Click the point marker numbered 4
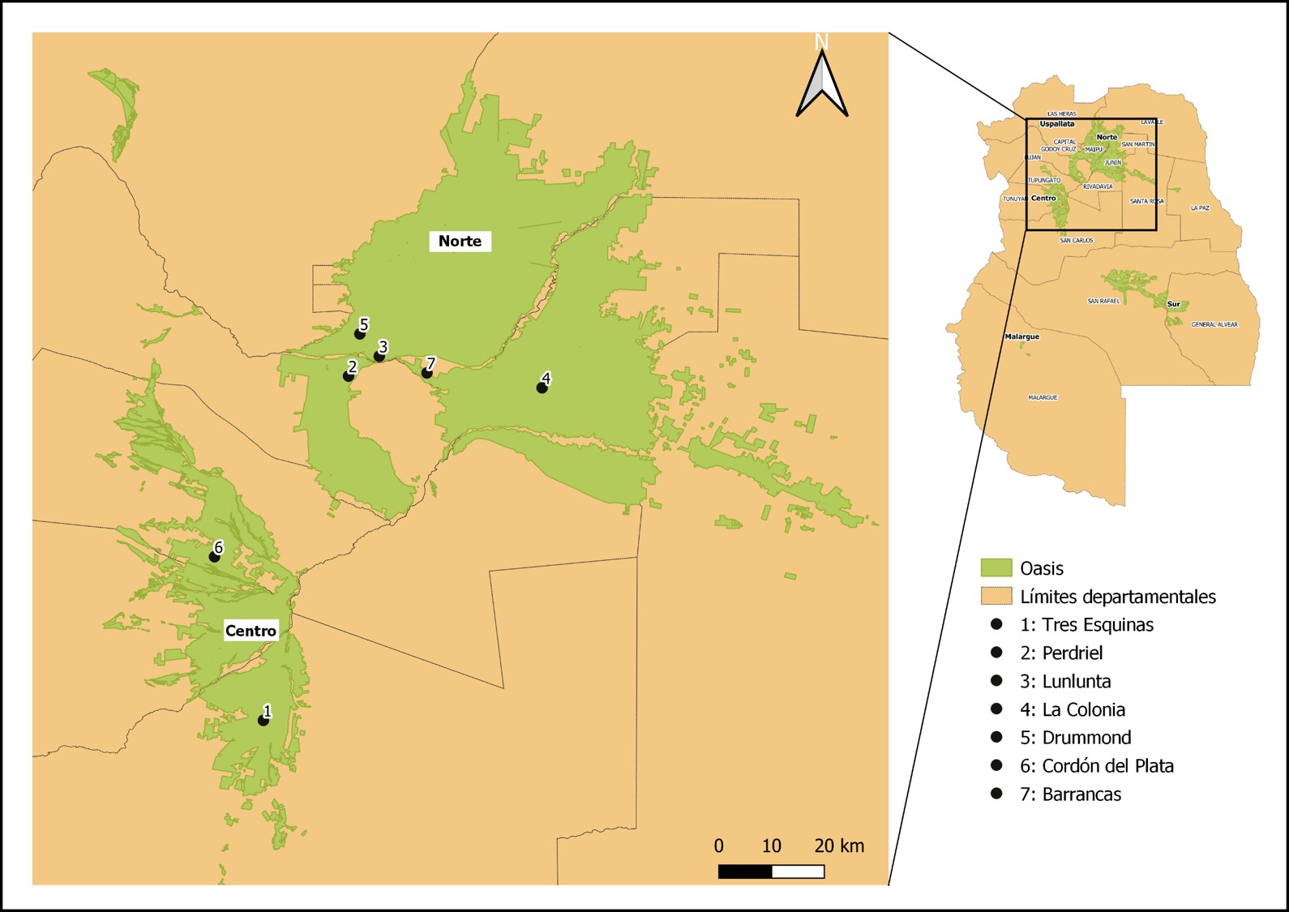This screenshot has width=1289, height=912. click(x=542, y=388)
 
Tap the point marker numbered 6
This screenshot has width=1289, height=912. click(x=214, y=557)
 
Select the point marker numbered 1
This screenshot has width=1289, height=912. click(x=263, y=720)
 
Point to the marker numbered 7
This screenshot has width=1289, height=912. click(x=426, y=373)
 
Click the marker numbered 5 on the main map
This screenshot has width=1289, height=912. click(x=359, y=333)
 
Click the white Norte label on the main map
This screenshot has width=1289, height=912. click(x=460, y=241)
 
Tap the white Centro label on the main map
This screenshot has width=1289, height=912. click(x=251, y=631)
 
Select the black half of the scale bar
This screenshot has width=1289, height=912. click(x=745, y=871)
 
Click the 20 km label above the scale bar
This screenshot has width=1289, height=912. click(x=839, y=846)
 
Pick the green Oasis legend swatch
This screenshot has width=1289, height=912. click(x=996, y=567)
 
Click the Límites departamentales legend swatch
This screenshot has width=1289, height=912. click(x=996, y=596)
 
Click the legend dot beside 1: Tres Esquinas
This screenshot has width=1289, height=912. click(x=996, y=624)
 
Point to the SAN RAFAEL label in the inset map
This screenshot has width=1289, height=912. click(x=1103, y=301)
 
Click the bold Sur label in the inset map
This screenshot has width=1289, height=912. click(x=1173, y=304)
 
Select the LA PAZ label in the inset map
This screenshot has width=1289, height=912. click(x=1200, y=208)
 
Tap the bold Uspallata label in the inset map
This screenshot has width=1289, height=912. click(x=1057, y=124)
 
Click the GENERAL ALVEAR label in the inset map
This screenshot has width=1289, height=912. click(x=1214, y=324)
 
